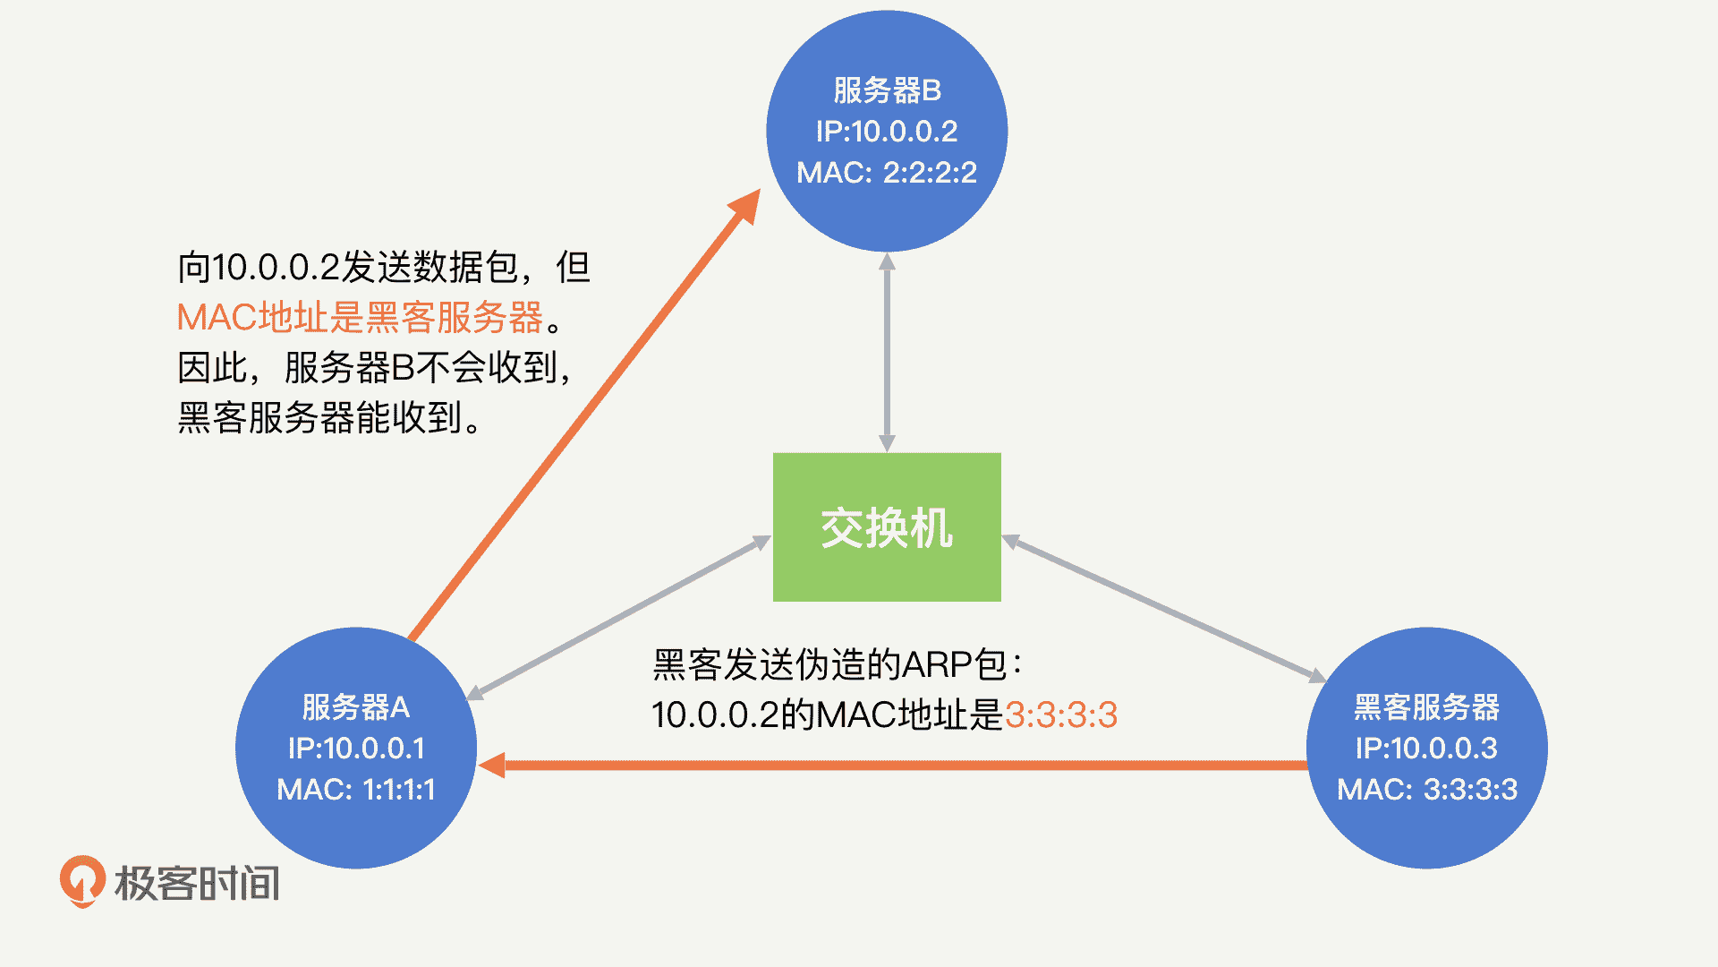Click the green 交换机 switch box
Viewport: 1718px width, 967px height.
pos(887,526)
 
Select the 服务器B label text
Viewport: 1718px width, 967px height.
pos(887,90)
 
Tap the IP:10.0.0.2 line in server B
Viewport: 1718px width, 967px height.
pos(887,132)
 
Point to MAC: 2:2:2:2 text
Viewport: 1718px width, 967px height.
pos(887,172)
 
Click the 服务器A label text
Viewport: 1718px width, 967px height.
pos(355,707)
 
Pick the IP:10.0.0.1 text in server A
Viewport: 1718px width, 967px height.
pos(355,749)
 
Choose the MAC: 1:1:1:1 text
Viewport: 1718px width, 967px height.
pos(355,789)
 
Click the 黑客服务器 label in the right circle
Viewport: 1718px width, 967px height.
pos(1426,707)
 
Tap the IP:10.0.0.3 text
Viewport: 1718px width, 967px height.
pos(1426,749)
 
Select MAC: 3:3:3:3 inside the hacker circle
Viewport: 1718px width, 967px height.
pos(1426,789)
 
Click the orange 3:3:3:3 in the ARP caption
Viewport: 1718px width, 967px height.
pos(1061,715)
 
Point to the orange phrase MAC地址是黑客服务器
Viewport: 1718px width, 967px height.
pos(360,317)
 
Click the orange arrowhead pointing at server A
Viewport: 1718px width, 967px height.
pos(493,766)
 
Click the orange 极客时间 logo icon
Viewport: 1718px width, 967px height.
pos(82,881)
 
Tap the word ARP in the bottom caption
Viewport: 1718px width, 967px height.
pos(937,665)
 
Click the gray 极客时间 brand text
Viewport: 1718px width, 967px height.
pos(197,883)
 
